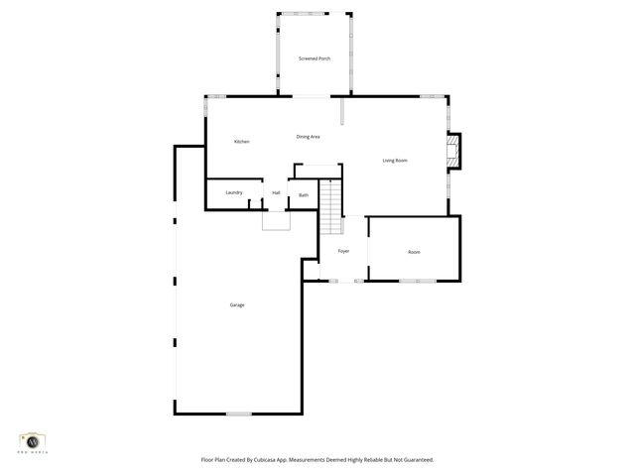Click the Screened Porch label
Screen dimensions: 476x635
pos(315,59)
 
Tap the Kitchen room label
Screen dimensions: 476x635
pos(241,142)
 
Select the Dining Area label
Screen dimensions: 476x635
pos(308,136)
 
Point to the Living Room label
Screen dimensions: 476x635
pos(396,161)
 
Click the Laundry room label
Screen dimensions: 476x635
pos(234,192)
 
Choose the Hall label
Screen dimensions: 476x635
pos(276,192)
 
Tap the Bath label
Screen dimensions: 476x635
pos(304,195)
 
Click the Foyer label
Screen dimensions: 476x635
pos(343,251)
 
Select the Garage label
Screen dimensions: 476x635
pos(237,304)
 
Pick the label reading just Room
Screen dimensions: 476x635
pos(414,252)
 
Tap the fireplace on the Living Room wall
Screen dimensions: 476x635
pos(454,150)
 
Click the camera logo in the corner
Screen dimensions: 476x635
pos(33,439)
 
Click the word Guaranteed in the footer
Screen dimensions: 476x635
pos(415,460)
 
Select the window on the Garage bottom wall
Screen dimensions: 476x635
pos(239,414)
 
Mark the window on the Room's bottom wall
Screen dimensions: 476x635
pos(417,281)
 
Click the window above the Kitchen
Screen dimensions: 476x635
pos(215,96)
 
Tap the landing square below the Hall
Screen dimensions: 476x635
pos(275,220)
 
